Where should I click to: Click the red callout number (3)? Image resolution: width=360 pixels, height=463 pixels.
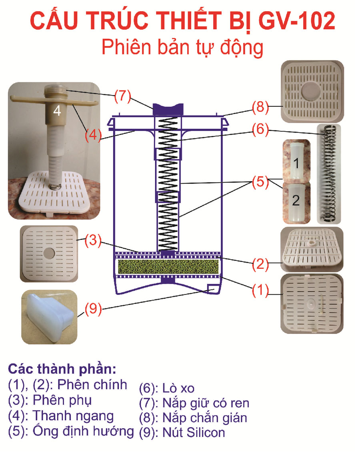92,241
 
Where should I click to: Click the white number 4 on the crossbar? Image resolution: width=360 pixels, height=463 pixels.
57,111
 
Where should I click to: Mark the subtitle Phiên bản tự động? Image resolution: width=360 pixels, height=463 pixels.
182,47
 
